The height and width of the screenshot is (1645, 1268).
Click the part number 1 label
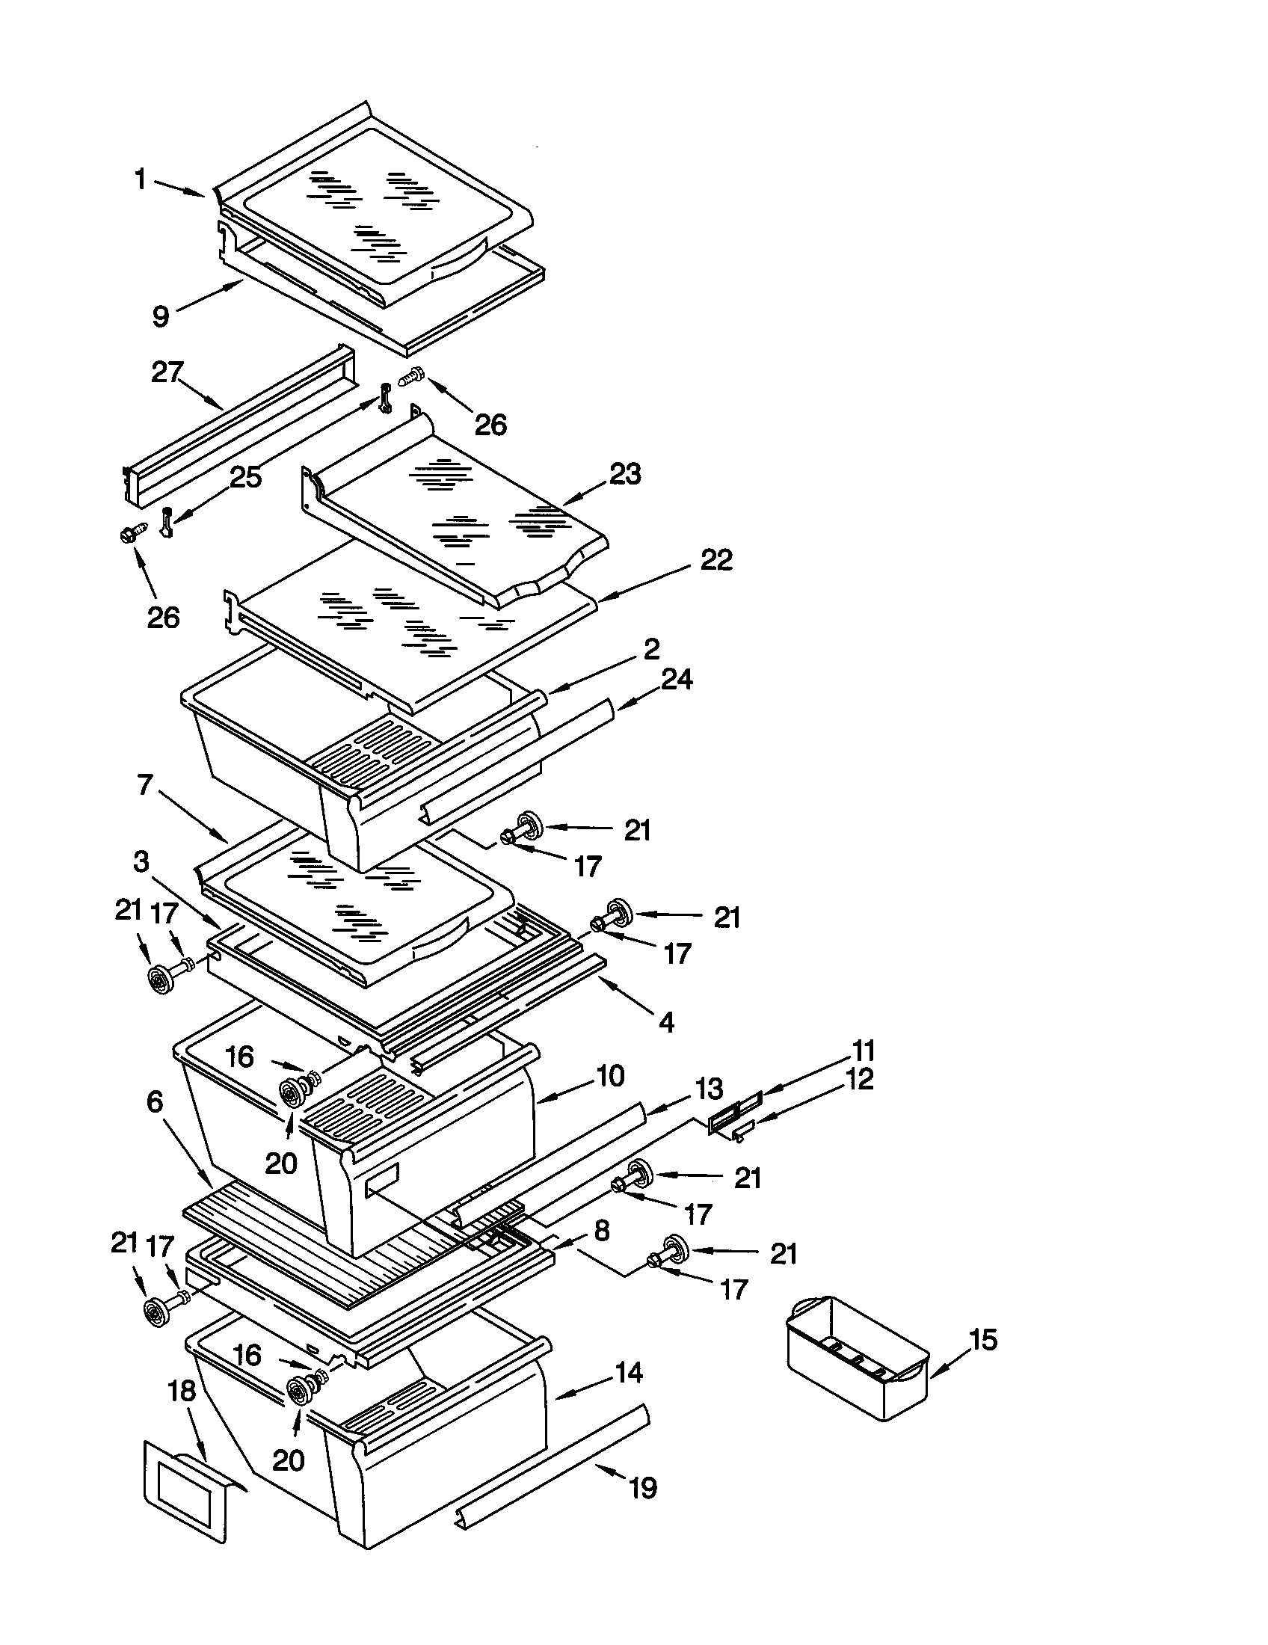140,180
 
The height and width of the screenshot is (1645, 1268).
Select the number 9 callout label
161,316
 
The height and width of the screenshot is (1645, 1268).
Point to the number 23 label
625,474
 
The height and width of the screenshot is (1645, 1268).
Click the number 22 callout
715,559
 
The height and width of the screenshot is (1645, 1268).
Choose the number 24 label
676,680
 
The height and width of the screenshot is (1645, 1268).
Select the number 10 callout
609,1075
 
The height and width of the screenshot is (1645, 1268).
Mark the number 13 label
708,1089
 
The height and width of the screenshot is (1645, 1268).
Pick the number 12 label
859,1078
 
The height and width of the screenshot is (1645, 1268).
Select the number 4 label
666,1022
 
